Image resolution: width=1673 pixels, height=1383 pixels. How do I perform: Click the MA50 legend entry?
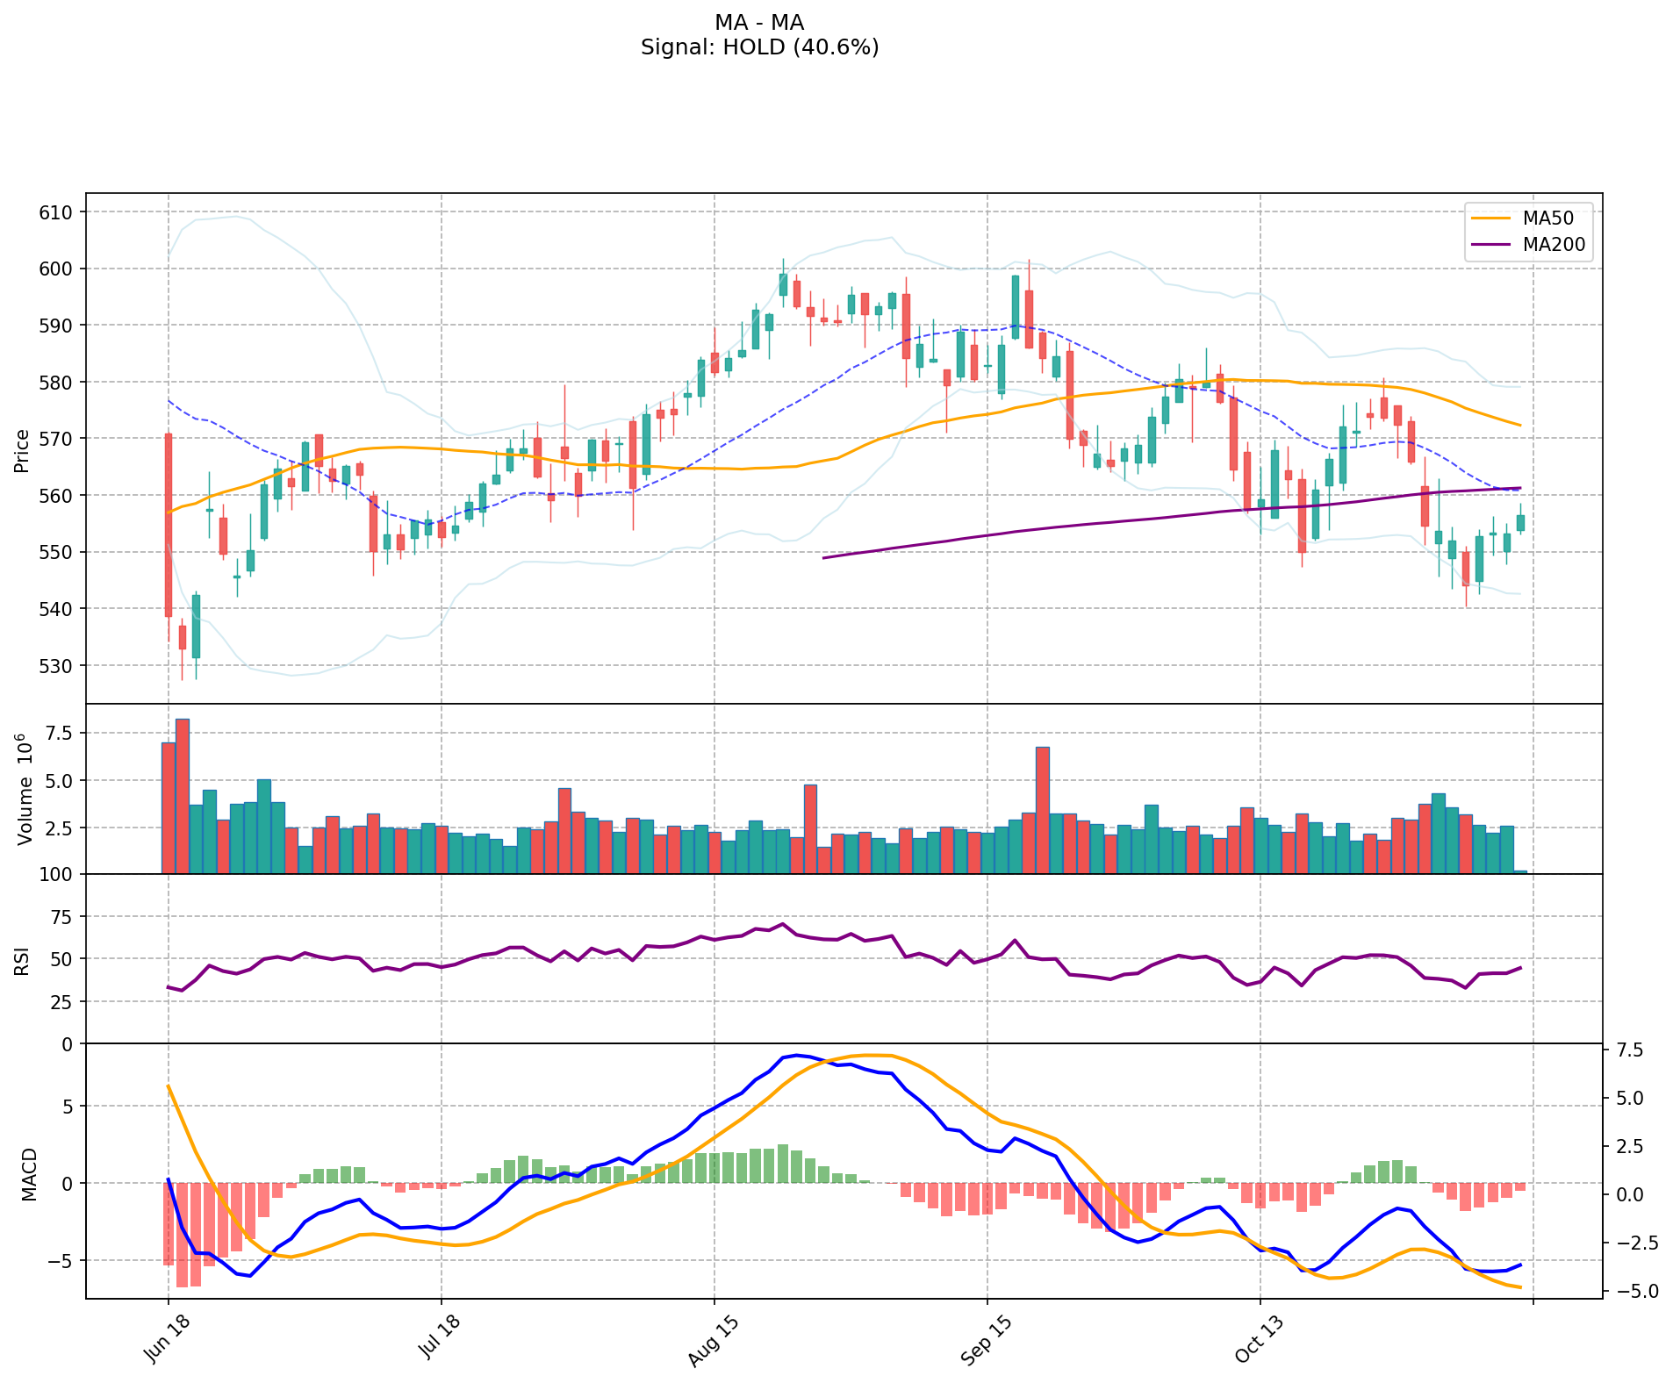point(1547,219)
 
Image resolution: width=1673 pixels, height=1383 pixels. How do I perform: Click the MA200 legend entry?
point(1554,245)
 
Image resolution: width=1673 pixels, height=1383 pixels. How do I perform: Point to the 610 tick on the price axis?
point(61,212)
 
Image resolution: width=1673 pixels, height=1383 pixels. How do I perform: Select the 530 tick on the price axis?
point(61,666)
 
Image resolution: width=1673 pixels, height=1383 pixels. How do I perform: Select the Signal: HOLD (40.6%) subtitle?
point(759,47)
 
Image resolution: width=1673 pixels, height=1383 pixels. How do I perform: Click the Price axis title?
point(22,450)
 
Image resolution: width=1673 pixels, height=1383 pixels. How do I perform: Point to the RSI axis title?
point(22,960)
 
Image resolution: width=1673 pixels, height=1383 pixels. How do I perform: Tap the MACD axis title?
point(29,1174)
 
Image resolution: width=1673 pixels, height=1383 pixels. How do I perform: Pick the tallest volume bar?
point(183,796)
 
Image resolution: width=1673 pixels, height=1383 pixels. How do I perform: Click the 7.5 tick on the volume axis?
point(61,733)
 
